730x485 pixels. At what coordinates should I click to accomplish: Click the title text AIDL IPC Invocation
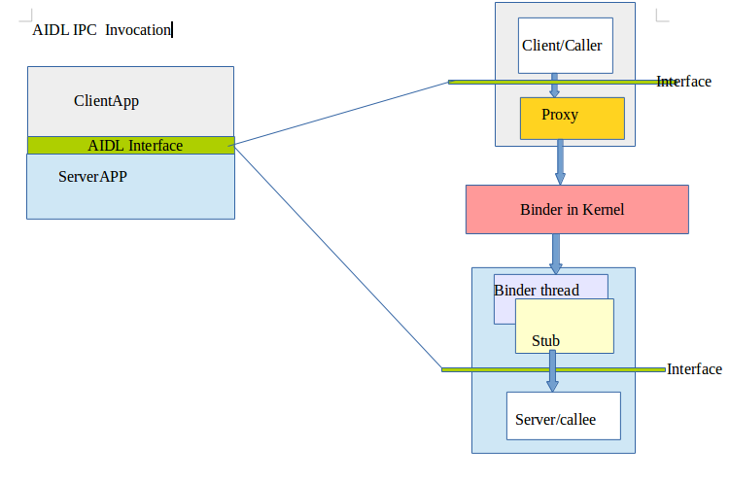tap(101, 29)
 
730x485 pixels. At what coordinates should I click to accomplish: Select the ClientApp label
tap(114, 100)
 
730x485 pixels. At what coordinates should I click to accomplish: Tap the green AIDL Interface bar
tap(131, 146)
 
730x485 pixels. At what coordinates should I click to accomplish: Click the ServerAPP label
tap(93, 177)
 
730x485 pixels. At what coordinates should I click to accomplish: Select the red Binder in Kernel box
tap(576, 210)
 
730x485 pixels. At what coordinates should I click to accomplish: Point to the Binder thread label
tap(537, 290)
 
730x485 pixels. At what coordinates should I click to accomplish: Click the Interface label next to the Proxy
tap(683, 82)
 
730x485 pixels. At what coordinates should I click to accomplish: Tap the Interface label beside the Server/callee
tap(694, 369)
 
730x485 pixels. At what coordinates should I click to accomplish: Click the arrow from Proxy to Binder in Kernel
tap(560, 162)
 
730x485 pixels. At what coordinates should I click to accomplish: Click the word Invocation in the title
tap(138, 29)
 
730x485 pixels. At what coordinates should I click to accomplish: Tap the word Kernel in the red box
tap(603, 210)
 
